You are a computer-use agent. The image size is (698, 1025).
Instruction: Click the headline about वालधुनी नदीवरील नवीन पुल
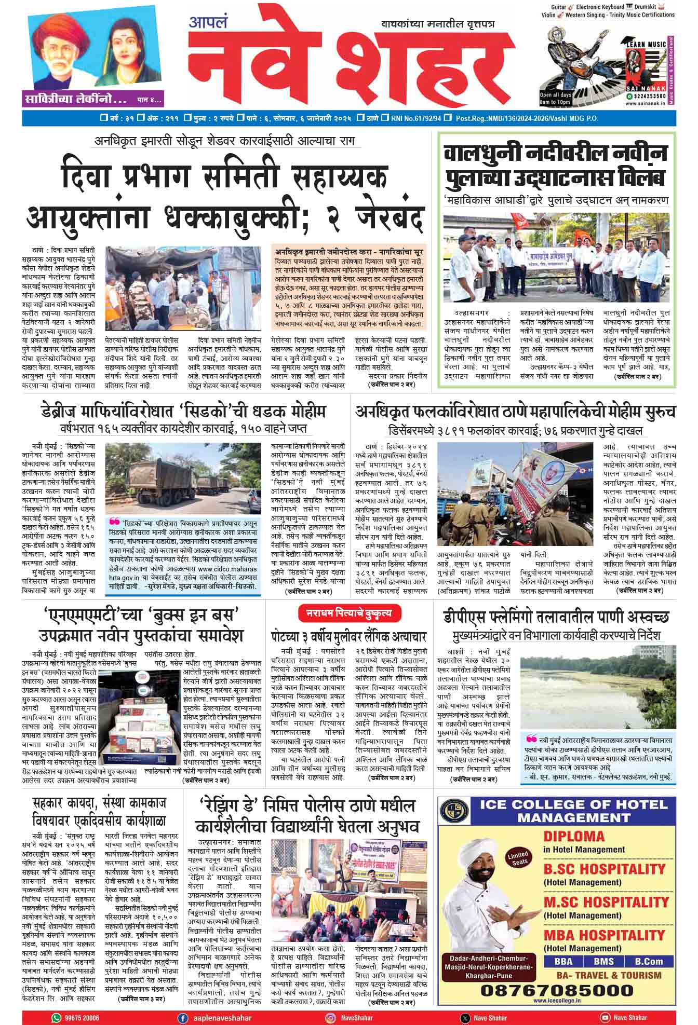click(x=555, y=166)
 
